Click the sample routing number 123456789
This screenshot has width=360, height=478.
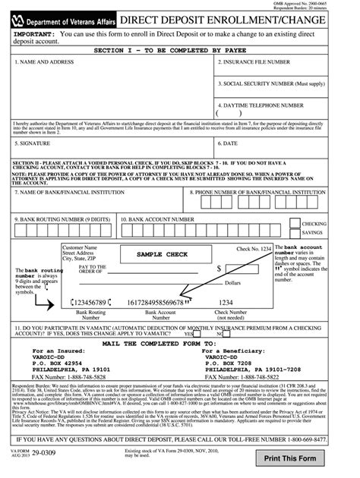(x=96, y=301)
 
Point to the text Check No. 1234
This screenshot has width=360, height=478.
(x=253, y=249)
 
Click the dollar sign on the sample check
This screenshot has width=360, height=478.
(x=219, y=269)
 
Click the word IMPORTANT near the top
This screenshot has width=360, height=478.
(x=33, y=35)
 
